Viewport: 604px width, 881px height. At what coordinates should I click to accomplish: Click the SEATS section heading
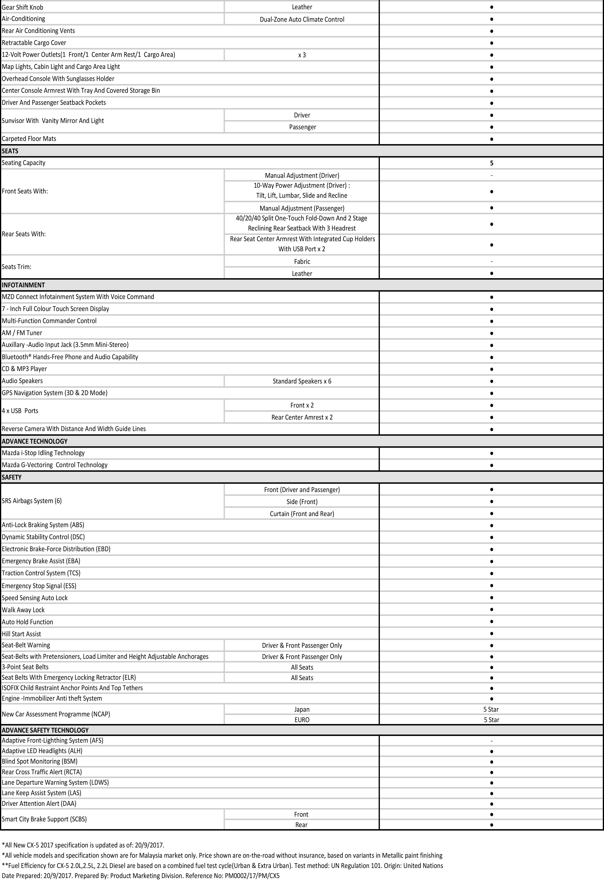(x=10, y=151)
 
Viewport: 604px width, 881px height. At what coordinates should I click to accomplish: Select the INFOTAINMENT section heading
(x=23, y=285)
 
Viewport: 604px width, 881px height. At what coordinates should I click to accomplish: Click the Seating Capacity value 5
(x=492, y=163)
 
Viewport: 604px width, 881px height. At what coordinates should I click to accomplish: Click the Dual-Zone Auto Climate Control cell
(x=302, y=19)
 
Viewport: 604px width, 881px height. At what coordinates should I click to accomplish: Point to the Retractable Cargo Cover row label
(x=34, y=42)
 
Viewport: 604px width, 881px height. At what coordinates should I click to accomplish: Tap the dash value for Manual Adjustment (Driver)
(x=492, y=175)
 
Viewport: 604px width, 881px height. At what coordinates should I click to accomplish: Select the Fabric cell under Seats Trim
(x=302, y=261)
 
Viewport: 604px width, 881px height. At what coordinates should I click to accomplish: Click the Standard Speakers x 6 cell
(x=302, y=381)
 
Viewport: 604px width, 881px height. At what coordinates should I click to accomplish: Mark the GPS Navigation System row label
(x=55, y=393)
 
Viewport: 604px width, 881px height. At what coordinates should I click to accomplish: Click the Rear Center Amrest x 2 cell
(x=302, y=417)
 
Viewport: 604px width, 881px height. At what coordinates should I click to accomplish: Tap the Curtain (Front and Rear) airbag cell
(x=302, y=514)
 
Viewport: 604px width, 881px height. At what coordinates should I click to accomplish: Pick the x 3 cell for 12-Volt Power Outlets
(x=302, y=55)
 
